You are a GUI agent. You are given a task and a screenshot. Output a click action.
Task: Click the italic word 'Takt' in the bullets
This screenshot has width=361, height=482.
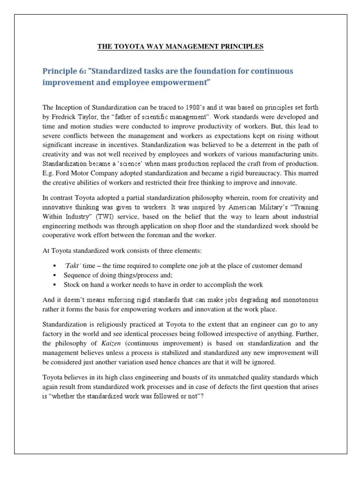(72, 266)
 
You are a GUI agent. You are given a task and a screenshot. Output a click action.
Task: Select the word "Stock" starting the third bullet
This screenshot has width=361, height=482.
(72, 285)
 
